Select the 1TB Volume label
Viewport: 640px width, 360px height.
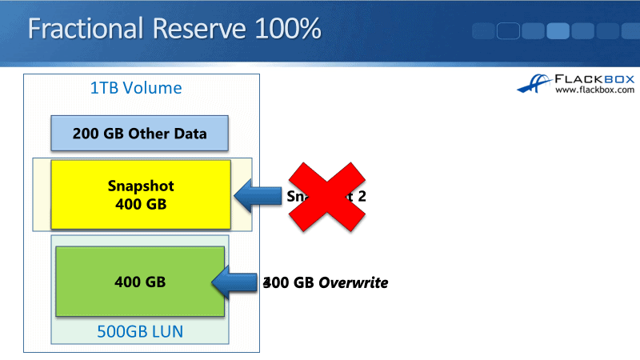136,88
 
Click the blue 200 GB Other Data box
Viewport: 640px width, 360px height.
140,134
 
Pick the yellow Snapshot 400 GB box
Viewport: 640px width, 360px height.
141,195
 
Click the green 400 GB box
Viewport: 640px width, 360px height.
140,282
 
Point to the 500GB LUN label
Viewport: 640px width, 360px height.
141,331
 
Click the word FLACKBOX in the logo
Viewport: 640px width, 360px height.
595,79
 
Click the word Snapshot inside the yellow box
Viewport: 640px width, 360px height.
141,186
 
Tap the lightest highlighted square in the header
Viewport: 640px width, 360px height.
558,31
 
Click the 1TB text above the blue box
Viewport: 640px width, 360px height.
106,88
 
